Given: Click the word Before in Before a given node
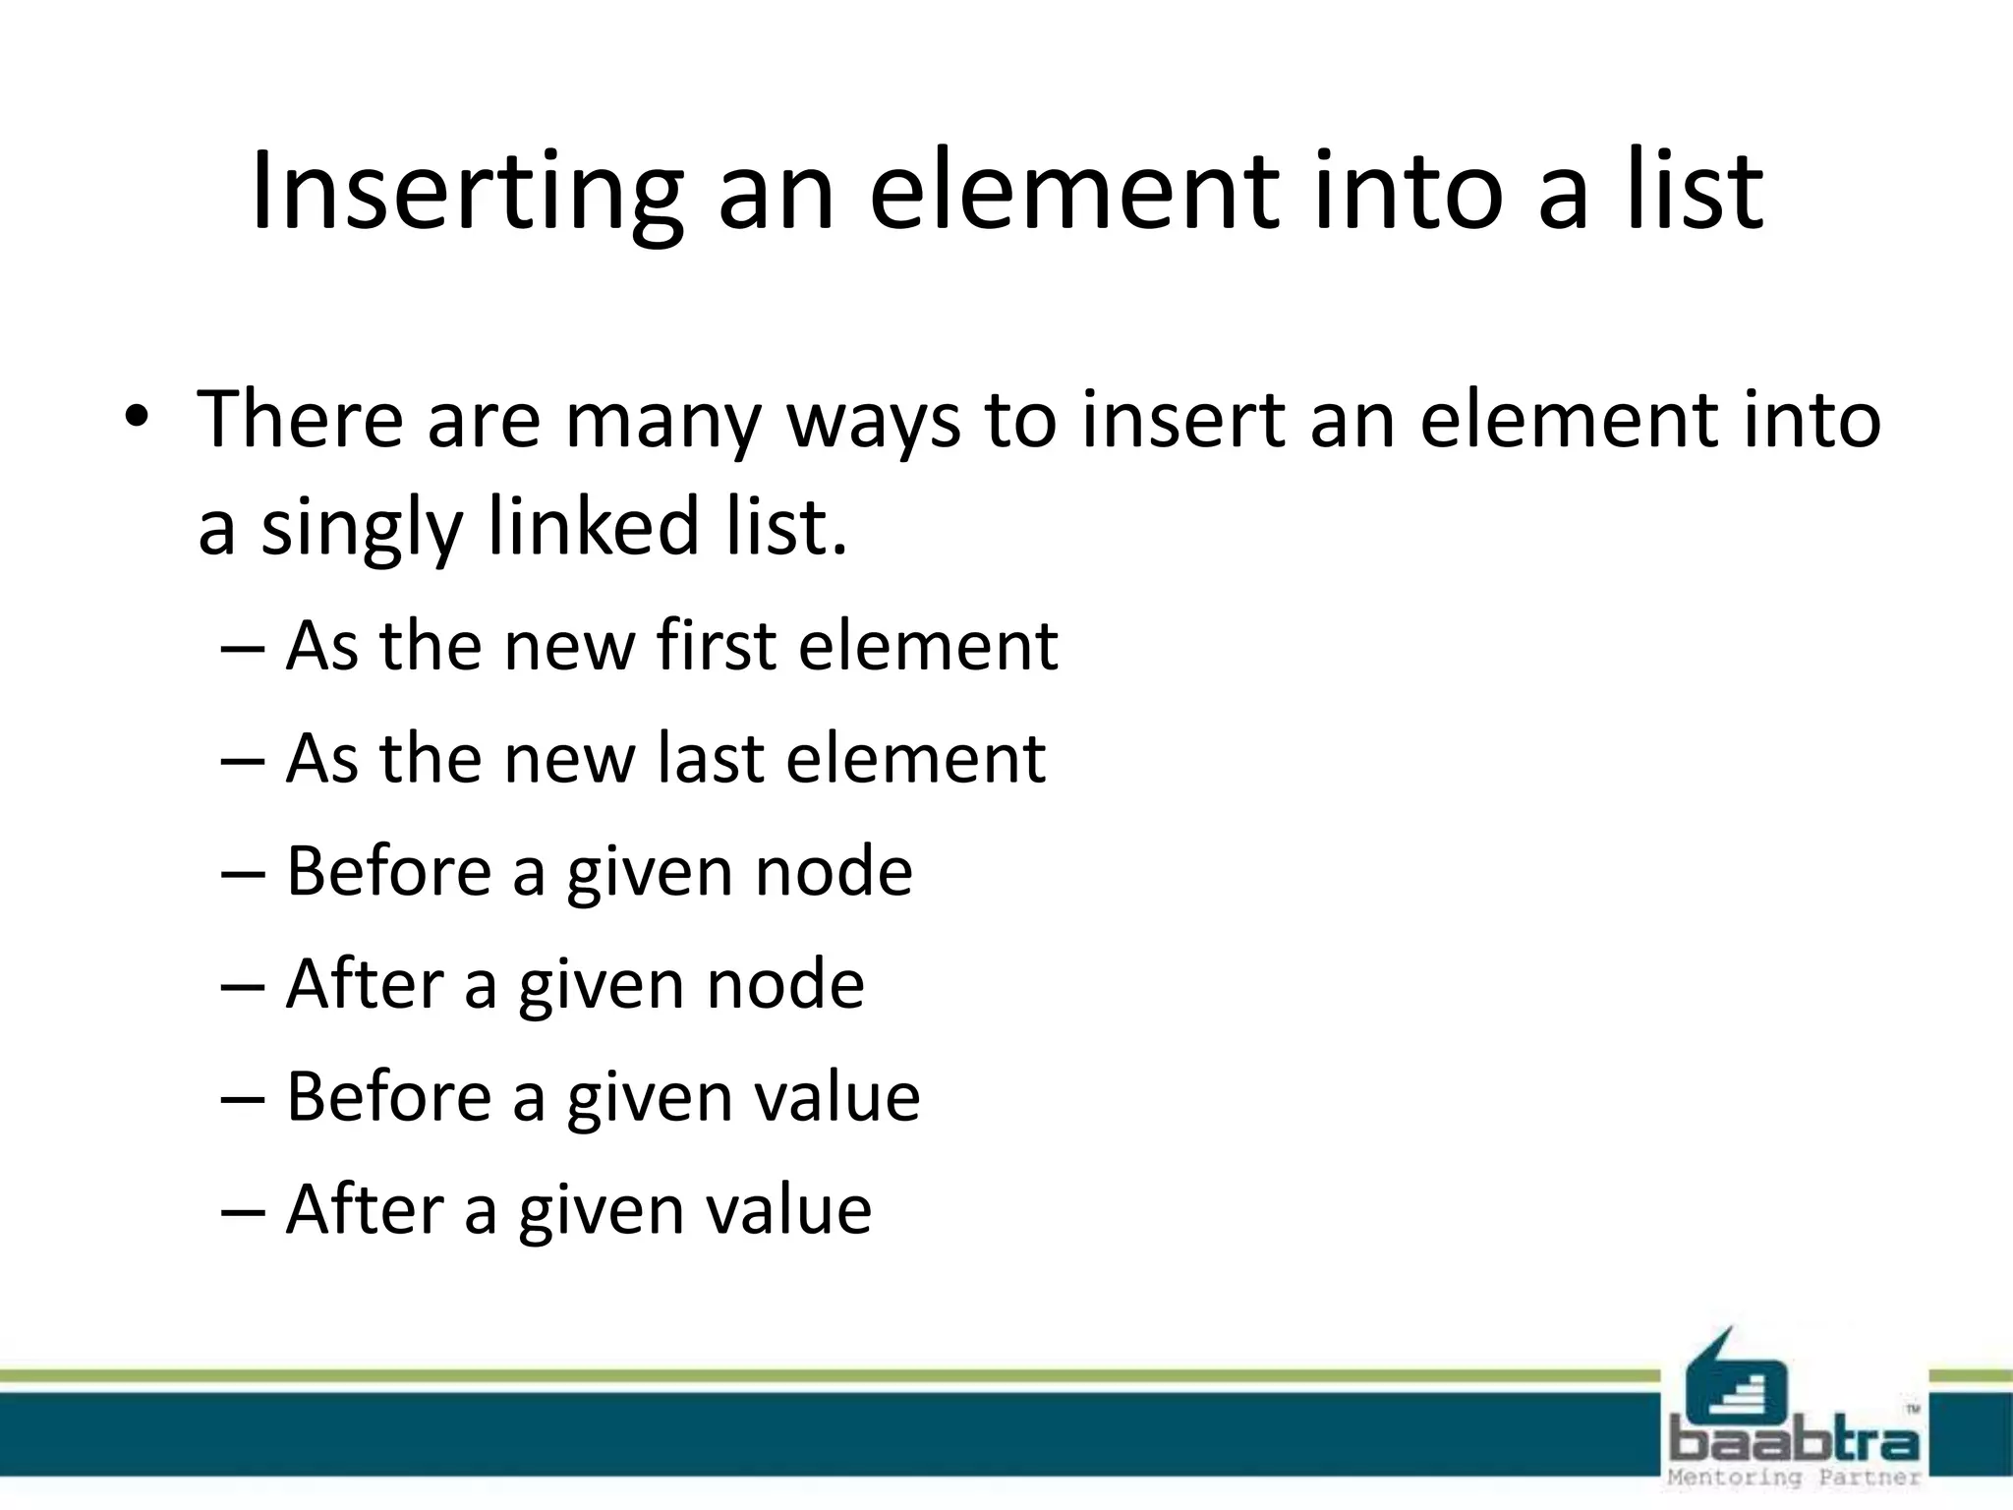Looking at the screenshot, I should coord(388,871).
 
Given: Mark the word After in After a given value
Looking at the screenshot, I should coord(365,1209).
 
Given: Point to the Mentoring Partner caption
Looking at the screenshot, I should coord(1794,1478).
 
